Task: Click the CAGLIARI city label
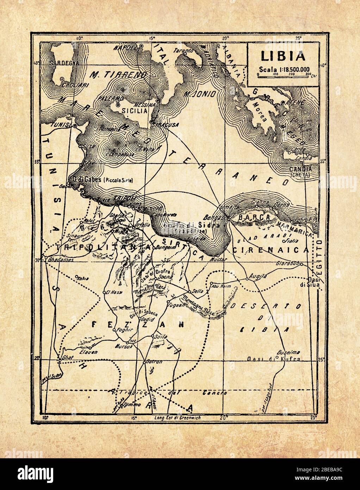pyautogui.click(x=70, y=85)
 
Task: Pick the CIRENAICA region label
pyautogui.click(x=271, y=250)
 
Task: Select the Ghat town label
pyautogui.click(x=67, y=357)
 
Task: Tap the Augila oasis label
pyautogui.click(x=256, y=276)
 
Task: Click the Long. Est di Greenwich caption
pyautogui.click(x=178, y=418)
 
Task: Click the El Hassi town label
pyautogui.click(x=114, y=292)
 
